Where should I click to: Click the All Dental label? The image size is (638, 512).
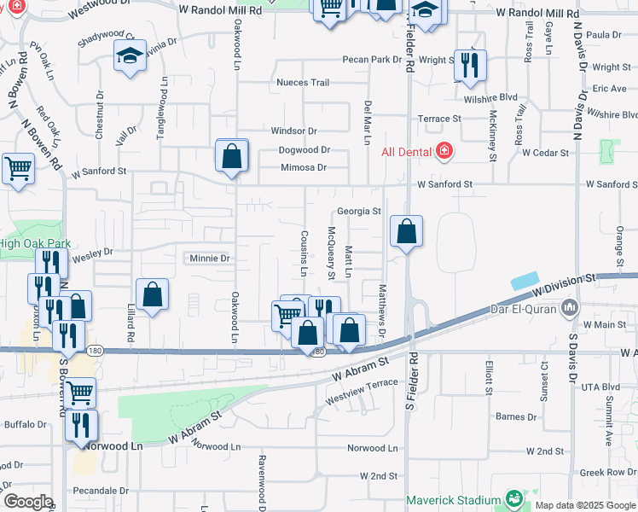(406, 152)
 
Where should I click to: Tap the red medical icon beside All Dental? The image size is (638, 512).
(444, 152)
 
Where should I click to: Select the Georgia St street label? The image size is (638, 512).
(358, 211)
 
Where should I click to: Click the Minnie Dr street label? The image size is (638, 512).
(210, 258)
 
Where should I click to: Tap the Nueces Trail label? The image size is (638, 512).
(302, 83)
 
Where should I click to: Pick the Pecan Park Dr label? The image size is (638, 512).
(372, 60)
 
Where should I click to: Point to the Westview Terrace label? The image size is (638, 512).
(362, 384)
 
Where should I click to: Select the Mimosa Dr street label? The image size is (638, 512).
(304, 168)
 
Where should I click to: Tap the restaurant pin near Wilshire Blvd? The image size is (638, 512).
(470, 66)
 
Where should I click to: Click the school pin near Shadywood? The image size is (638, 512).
(130, 57)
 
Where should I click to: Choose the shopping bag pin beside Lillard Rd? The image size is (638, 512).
(152, 295)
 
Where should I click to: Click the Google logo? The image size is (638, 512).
(28, 502)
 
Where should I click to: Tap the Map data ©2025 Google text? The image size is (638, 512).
(584, 505)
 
